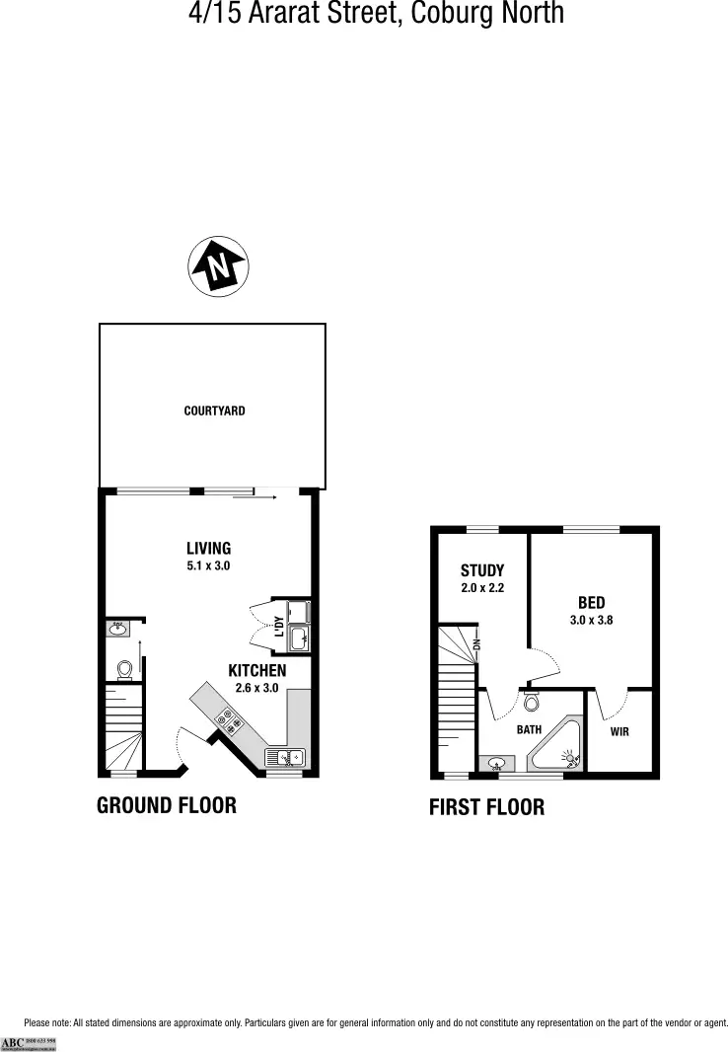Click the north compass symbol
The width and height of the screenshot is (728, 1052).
(x=218, y=265)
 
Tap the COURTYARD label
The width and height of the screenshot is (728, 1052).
(x=214, y=411)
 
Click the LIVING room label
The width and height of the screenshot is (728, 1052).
(x=208, y=549)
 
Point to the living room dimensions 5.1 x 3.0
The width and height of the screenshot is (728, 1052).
(x=208, y=566)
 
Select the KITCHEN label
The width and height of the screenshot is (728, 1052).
(x=257, y=670)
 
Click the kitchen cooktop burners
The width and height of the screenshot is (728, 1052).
(x=231, y=721)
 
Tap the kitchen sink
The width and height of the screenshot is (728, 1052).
(x=286, y=758)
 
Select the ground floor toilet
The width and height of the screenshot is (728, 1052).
(x=124, y=670)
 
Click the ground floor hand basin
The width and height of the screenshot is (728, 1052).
(x=117, y=627)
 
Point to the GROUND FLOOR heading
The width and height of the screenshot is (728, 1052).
(x=167, y=805)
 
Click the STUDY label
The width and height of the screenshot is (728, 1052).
(x=482, y=570)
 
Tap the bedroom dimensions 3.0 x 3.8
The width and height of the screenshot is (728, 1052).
(x=592, y=621)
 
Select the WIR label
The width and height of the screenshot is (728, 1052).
(x=619, y=731)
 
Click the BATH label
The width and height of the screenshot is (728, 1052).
(x=530, y=730)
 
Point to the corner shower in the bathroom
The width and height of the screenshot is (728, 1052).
(x=558, y=748)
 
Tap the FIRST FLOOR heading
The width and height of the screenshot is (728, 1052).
(x=486, y=807)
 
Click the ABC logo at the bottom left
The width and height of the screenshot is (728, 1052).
(x=13, y=1042)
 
